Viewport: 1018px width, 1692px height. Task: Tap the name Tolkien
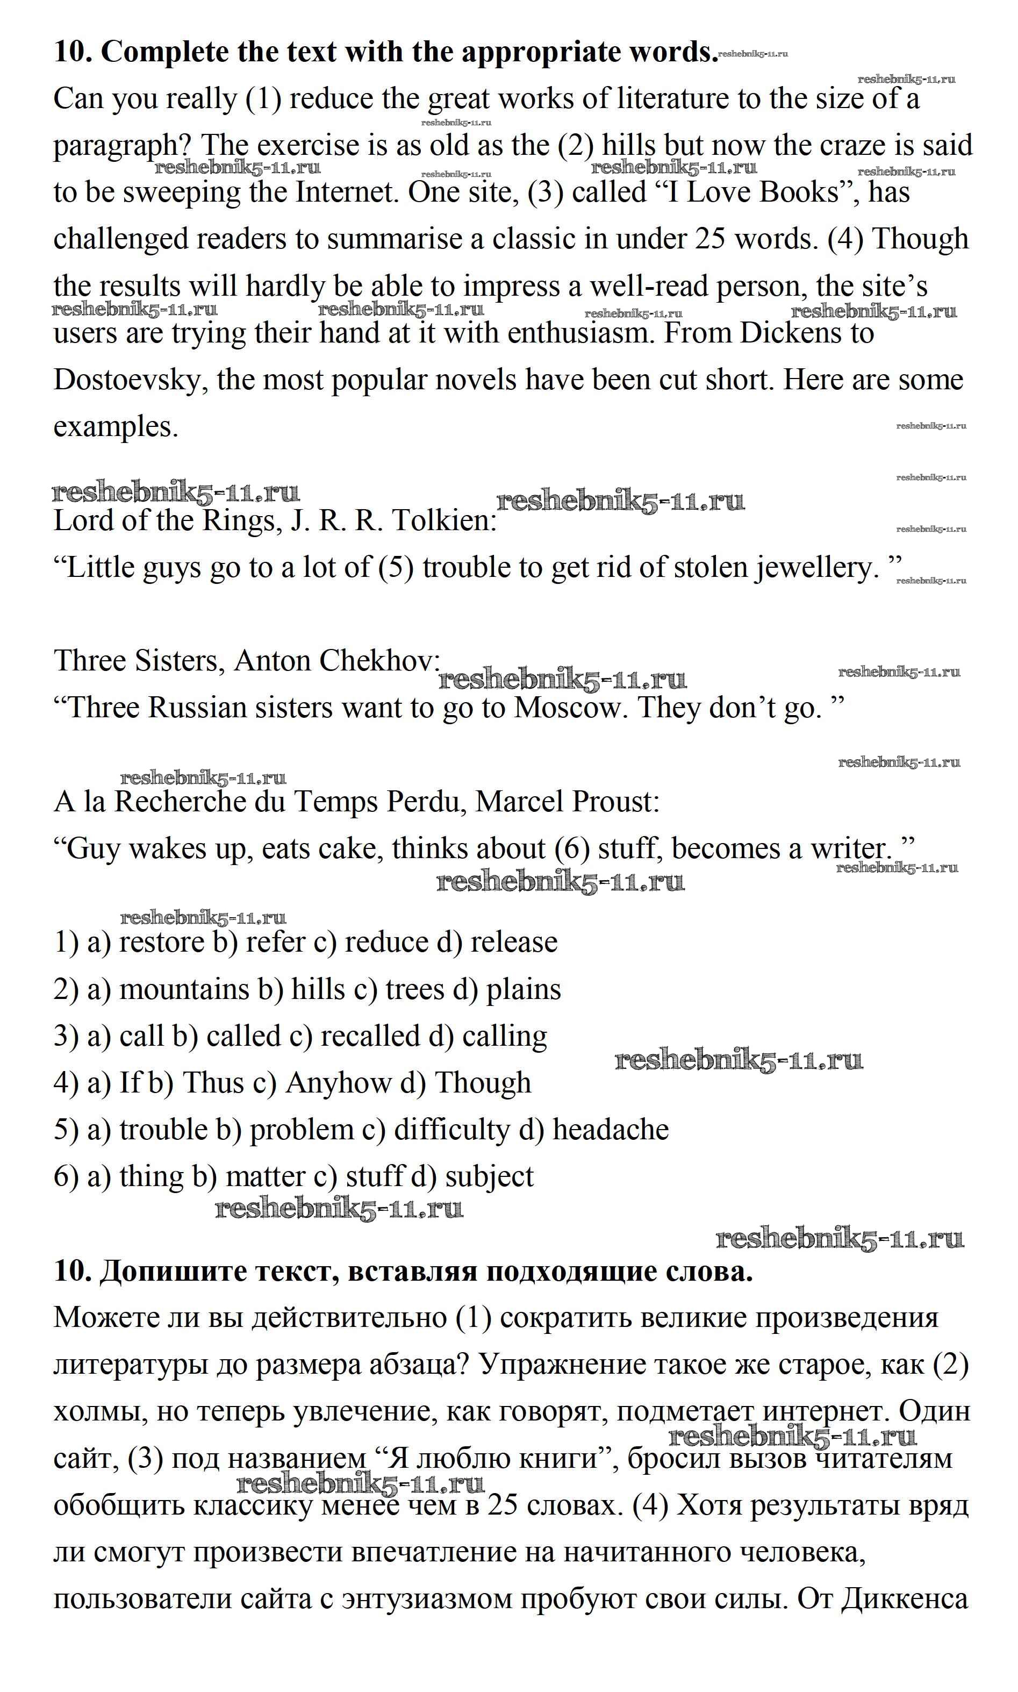[x=444, y=521]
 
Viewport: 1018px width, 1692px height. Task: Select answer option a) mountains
[x=168, y=989]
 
